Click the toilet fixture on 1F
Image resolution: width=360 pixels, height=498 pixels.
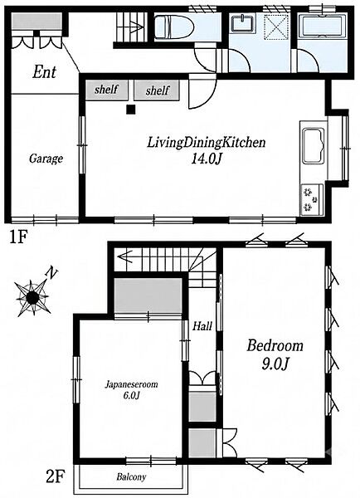coord(173,27)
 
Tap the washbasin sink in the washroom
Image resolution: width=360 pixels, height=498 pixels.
coord(243,23)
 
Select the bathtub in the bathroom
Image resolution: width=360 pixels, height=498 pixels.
coord(322,27)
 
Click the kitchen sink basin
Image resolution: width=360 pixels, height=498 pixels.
coord(314,145)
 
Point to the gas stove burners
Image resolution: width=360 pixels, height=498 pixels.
coord(311,200)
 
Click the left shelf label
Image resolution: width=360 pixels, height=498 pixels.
coord(106,90)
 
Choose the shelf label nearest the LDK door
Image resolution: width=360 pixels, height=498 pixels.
coord(158,90)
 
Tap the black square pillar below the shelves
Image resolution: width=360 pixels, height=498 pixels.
coord(131,110)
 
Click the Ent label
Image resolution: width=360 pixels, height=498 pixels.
coord(45,72)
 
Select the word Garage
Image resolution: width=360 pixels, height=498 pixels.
coord(46,159)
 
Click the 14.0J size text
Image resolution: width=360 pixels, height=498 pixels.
coord(206,159)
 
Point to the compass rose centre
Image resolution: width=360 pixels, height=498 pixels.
coord(32,298)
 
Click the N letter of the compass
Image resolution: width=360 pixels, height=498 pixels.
coord(51,273)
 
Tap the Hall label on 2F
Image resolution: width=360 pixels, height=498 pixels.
coord(202,326)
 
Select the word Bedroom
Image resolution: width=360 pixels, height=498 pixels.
coord(275,346)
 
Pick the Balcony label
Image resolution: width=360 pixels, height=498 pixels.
coord(131,476)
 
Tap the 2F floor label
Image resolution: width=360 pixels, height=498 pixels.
coord(56,477)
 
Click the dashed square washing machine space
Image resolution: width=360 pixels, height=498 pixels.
coord(277,27)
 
